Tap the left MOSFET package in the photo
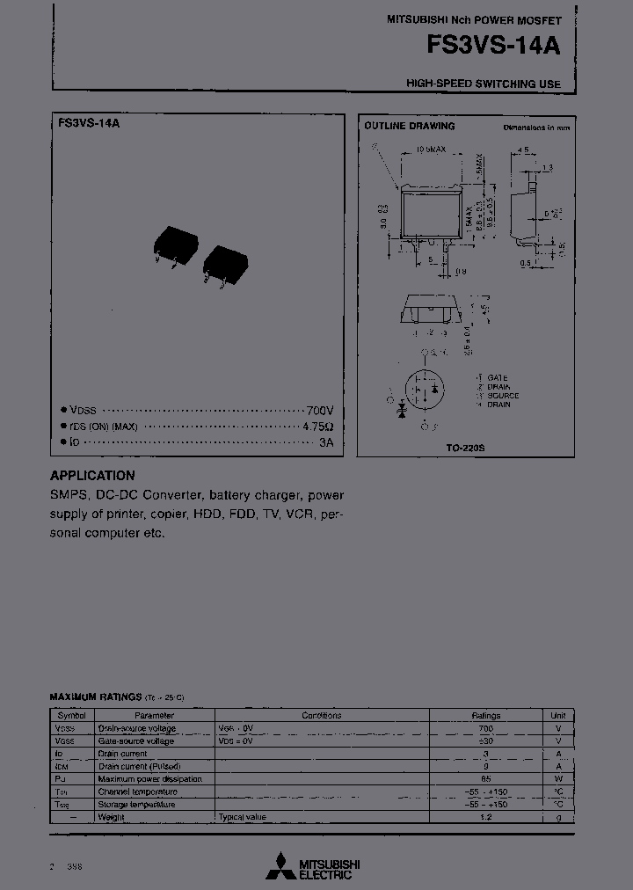[175, 244]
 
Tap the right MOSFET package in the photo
[226, 262]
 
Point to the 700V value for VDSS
[319, 411]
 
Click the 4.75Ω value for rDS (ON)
[317, 427]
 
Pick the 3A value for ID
[326, 442]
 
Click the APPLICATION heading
[92, 476]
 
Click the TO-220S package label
[464, 448]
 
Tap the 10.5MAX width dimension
[430, 151]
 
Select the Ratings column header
[485, 716]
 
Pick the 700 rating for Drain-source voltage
[485, 729]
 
